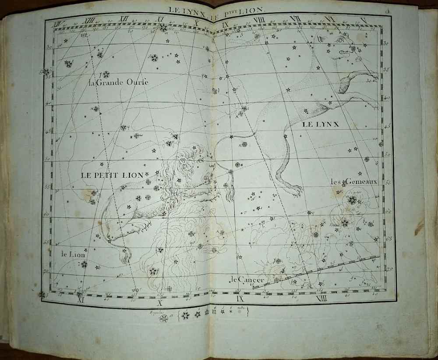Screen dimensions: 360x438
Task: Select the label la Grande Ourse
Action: [x=118, y=82]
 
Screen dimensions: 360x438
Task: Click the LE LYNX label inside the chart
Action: [x=321, y=125]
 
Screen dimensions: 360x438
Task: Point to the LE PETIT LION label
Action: [x=112, y=175]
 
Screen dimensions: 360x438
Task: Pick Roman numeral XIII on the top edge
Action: [x=89, y=20]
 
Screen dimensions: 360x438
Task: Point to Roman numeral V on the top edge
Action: [x=363, y=20]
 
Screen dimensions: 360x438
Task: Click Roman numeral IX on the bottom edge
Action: [x=240, y=299]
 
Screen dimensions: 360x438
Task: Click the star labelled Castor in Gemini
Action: [x=352, y=200]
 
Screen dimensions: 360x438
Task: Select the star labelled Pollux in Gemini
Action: [x=345, y=222]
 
